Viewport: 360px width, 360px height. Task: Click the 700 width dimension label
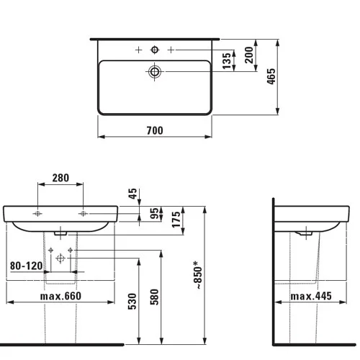click(x=155, y=130)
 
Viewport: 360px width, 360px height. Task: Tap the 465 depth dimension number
click(x=271, y=76)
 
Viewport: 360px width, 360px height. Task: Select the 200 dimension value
click(x=249, y=55)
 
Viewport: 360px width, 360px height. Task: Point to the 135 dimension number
click(x=227, y=61)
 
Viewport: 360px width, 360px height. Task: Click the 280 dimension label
click(x=60, y=178)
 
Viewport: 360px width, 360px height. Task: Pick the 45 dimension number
click(x=132, y=194)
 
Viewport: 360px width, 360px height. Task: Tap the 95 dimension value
click(x=154, y=213)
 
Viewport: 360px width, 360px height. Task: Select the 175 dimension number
click(x=176, y=220)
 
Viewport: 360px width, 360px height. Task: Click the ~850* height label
click(x=199, y=275)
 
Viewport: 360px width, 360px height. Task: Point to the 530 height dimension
click(x=132, y=301)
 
